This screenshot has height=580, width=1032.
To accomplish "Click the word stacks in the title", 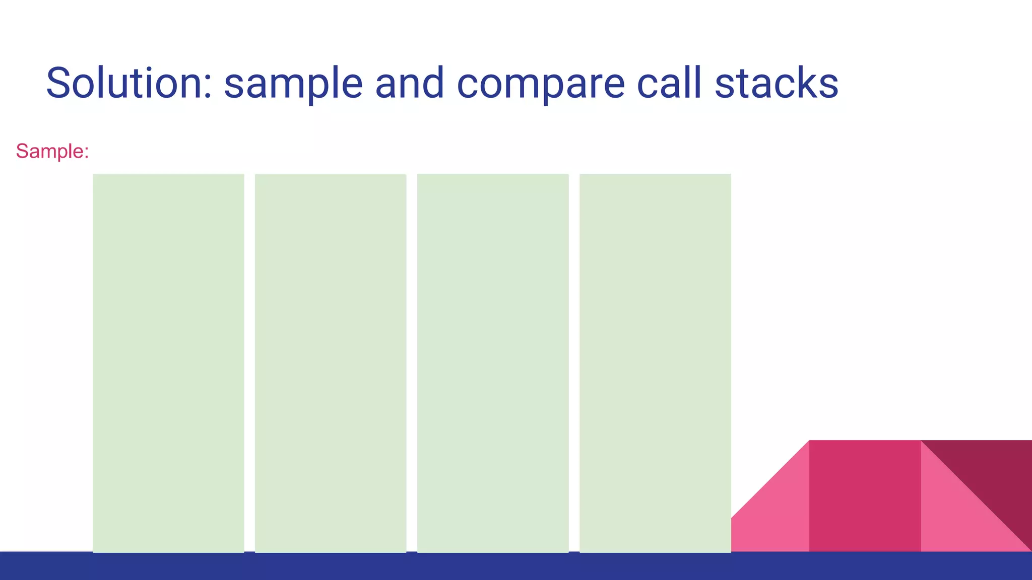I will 777,83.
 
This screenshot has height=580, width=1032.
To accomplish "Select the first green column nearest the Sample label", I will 168,362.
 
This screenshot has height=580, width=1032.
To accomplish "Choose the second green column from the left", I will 331,362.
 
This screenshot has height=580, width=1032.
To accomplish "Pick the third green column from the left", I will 493,362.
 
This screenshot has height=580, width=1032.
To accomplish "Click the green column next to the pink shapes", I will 655,362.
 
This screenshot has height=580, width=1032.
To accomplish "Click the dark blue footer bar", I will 516,566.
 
